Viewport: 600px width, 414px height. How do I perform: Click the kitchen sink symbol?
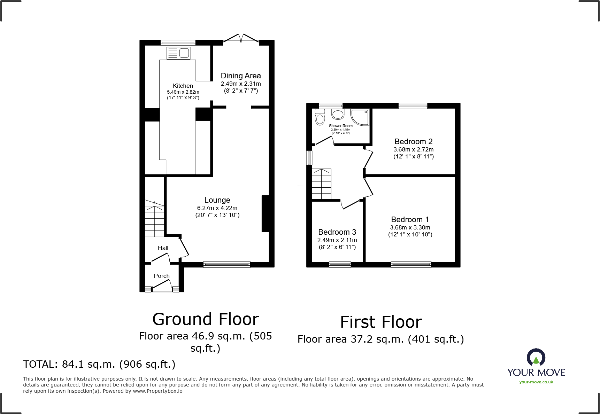[178, 53]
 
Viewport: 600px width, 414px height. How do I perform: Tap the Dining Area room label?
[241, 76]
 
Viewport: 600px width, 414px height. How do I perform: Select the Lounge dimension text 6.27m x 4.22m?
[217, 208]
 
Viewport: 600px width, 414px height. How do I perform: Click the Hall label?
[163, 248]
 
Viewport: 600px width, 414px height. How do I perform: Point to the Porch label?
[162, 276]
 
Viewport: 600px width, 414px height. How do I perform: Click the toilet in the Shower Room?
[320, 118]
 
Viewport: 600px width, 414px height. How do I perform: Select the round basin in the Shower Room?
[338, 114]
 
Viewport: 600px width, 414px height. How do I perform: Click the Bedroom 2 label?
[413, 141]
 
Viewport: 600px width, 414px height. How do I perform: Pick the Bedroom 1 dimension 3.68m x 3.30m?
[410, 227]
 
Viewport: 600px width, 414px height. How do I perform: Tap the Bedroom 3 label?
[337, 232]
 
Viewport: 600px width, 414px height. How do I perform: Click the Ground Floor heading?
[206, 319]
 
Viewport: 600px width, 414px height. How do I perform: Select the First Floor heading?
[381, 322]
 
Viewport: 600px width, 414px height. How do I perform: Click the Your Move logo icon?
[536, 358]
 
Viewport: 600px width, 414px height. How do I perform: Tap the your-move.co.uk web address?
[536, 382]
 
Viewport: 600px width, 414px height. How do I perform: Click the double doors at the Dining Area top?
[241, 39]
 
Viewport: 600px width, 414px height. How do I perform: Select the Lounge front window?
[226, 265]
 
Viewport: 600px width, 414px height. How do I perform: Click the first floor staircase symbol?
[321, 184]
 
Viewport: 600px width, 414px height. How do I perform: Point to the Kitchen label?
[183, 86]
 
